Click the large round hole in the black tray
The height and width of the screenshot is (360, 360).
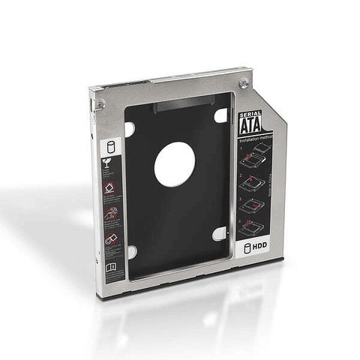click(x=175, y=165)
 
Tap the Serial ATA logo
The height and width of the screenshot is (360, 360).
click(x=250, y=123)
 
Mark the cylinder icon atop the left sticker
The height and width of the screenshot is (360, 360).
click(x=109, y=144)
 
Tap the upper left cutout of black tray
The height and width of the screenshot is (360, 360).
click(x=130, y=130)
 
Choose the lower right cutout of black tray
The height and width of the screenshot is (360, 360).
click(x=219, y=234)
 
